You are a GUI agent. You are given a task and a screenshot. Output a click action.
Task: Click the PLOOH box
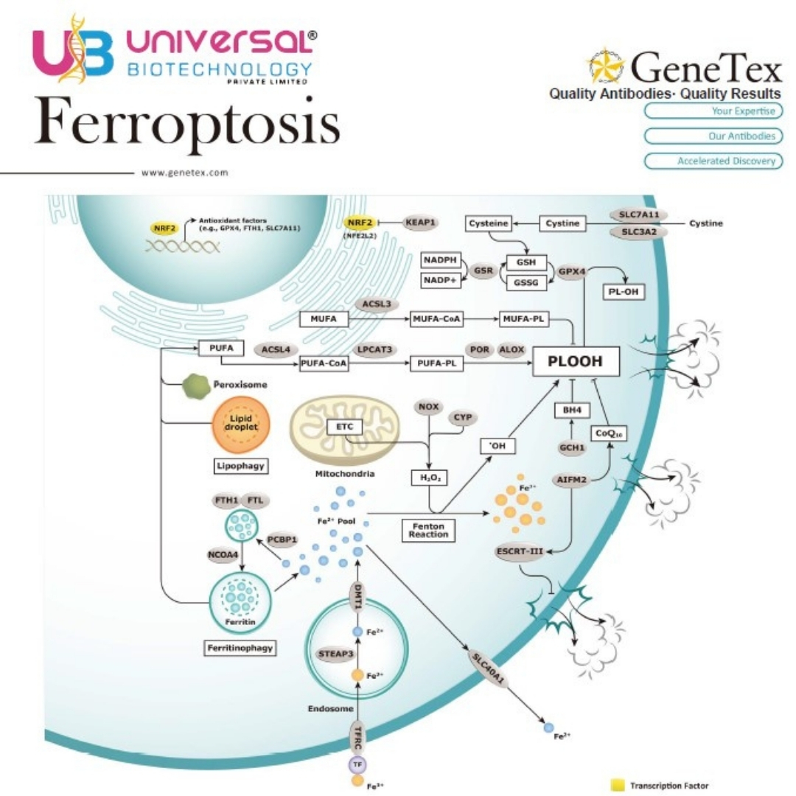pos(576,361)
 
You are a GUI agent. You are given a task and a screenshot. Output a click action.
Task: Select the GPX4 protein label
pos(572,271)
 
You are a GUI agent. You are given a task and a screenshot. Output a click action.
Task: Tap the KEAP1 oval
pos(420,223)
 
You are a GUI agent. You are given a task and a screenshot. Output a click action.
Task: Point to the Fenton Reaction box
pos(428,531)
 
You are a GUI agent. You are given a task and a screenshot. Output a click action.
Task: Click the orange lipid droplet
pos(240,425)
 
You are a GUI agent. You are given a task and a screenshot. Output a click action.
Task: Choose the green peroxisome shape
pos(196,386)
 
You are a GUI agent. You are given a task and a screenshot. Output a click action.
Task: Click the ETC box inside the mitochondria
pos(345,427)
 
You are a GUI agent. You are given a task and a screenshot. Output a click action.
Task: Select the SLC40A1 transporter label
pos(488,668)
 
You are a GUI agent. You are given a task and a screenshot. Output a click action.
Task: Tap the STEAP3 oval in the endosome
pos(335,654)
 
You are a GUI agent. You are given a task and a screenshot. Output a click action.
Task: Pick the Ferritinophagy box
pos(240,648)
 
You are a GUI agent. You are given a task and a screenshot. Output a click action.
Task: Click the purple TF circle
pos(357,764)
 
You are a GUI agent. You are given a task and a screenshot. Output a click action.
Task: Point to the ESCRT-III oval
pos(520,551)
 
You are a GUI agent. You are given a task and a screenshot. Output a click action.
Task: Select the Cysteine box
pos(489,223)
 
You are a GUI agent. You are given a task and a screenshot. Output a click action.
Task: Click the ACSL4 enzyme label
pos(276,349)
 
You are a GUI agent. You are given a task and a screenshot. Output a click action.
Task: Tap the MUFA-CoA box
pos(436,319)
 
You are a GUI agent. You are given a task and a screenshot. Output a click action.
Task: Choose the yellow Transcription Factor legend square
pos(618,785)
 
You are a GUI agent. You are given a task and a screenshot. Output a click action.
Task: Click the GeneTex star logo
pos(606,66)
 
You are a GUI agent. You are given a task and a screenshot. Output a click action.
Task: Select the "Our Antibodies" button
pos(713,136)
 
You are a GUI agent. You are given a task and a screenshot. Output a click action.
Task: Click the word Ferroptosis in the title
pos(187,122)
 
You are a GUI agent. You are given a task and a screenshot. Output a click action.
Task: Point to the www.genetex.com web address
pos(185,172)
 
